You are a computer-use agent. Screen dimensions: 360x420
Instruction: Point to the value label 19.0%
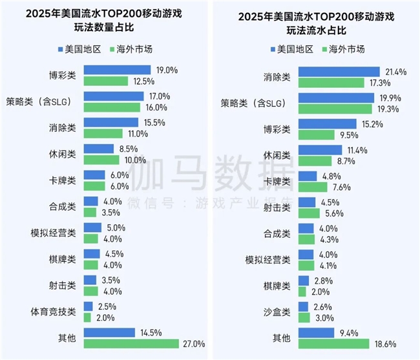tap(163, 70)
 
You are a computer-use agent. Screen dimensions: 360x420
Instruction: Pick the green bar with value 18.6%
tap(333, 343)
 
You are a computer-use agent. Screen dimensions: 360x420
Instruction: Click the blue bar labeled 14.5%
tap(109, 332)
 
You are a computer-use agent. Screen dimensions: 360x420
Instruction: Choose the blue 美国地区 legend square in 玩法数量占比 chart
tap(61, 48)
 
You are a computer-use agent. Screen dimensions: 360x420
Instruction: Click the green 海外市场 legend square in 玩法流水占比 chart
tap(324, 49)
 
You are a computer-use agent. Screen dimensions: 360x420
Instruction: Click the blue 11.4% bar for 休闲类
tap(320, 150)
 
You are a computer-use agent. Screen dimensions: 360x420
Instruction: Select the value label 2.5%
tap(107, 306)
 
